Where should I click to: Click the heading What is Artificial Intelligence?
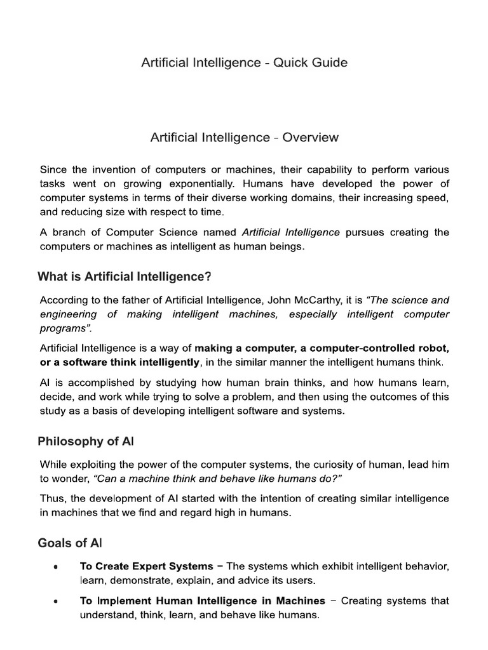pyautogui.click(x=125, y=276)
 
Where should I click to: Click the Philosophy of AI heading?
pyautogui.click(x=86, y=441)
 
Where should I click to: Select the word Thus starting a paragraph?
pyautogui.click(x=51, y=499)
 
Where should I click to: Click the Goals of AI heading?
pyautogui.click(x=70, y=543)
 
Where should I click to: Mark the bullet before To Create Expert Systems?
pyautogui.click(x=57, y=567)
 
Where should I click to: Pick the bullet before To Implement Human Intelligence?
pyautogui.click(x=57, y=601)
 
